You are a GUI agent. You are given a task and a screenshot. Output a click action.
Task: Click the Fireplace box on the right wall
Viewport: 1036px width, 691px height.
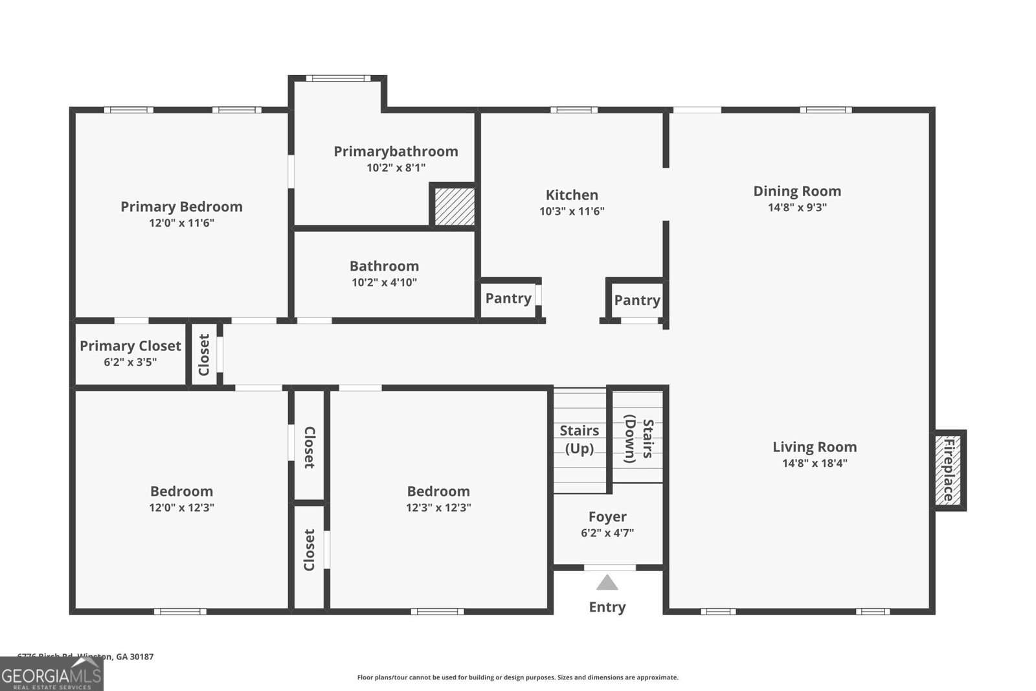pyautogui.click(x=949, y=470)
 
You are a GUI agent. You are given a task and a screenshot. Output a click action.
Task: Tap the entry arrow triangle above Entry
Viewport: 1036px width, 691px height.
pyautogui.click(x=607, y=583)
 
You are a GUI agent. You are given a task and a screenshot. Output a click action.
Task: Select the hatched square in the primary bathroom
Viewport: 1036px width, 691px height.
pyautogui.click(x=455, y=207)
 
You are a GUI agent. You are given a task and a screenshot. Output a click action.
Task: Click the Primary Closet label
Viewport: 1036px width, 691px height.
pyautogui.click(x=130, y=346)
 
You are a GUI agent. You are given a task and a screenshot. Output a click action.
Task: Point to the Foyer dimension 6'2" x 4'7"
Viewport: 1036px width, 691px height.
pyautogui.click(x=607, y=533)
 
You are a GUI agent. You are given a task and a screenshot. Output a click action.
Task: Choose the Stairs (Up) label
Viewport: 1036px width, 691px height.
pyautogui.click(x=579, y=439)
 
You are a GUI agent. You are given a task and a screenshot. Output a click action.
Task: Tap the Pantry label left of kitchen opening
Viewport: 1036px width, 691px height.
pyautogui.click(x=508, y=299)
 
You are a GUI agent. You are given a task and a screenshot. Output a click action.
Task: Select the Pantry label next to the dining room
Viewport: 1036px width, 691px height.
pyautogui.click(x=637, y=300)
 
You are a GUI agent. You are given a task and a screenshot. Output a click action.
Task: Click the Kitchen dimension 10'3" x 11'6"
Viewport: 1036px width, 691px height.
pyautogui.click(x=572, y=211)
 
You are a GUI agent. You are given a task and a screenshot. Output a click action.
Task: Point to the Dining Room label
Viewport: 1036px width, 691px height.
pyautogui.click(x=797, y=191)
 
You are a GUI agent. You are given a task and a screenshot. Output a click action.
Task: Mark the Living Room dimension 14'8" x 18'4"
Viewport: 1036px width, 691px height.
pyautogui.click(x=815, y=463)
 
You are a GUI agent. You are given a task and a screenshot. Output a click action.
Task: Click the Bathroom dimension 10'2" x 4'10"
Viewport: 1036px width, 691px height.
pyautogui.click(x=384, y=282)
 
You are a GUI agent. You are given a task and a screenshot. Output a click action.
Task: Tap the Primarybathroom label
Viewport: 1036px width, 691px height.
pyautogui.click(x=396, y=152)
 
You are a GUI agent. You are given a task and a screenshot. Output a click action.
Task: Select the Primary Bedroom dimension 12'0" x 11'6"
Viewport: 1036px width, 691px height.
pyautogui.click(x=181, y=223)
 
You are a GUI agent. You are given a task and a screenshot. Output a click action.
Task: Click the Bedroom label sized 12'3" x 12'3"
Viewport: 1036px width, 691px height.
pyautogui.click(x=438, y=492)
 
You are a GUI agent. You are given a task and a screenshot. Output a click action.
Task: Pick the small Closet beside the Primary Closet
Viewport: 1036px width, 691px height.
pyautogui.click(x=205, y=354)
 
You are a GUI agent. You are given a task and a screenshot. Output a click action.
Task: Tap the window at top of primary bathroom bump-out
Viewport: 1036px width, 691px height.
pyautogui.click(x=338, y=78)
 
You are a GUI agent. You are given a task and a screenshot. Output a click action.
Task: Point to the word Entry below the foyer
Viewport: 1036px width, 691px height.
pyautogui.click(x=607, y=607)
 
